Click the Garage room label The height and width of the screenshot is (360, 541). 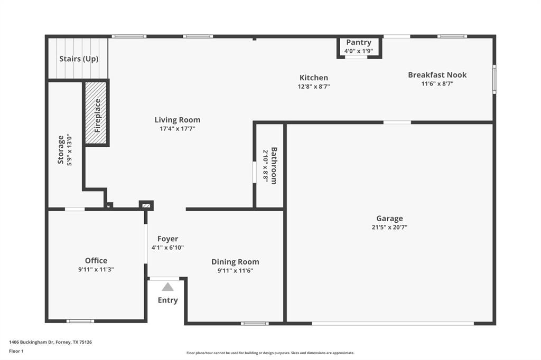click(389, 219)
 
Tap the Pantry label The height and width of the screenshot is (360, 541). click(359, 42)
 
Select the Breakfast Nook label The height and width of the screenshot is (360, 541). click(437, 75)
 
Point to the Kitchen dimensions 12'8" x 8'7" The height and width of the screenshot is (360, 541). click(314, 87)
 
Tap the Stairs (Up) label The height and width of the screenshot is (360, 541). click(79, 59)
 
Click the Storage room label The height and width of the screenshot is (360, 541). click(61, 149)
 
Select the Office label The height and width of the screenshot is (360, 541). click(96, 260)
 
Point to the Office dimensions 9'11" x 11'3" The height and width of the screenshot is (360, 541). click(96, 269)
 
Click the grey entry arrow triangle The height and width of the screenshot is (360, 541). click(167, 287)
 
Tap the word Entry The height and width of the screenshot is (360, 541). click(167, 300)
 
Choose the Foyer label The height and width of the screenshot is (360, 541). click(167, 239)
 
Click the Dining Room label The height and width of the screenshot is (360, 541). click(235, 262)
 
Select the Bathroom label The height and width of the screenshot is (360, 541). click(274, 165)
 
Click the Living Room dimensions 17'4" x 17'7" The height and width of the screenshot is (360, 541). click(178, 128)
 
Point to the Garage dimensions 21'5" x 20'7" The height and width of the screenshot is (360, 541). click(389, 228)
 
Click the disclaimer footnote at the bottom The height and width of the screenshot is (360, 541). click(270, 353)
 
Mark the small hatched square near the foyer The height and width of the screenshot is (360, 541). click(146, 205)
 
